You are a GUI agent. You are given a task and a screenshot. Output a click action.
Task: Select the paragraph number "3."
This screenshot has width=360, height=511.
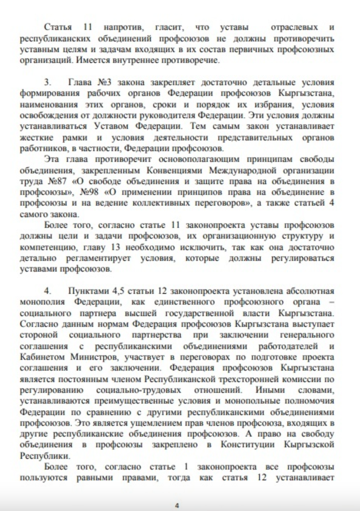pyautogui.click(x=48, y=82)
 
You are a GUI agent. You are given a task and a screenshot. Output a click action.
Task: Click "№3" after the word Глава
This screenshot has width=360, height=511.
pyautogui.click(x=104, y=82)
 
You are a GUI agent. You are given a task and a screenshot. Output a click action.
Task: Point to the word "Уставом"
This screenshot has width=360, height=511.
pyautogui.click(x=110, y=126)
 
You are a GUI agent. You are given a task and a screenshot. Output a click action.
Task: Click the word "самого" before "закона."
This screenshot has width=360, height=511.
pyautogui.click(x=35, y=214)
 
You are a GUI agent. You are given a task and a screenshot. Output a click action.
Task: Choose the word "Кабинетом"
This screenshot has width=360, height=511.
pyautogui.click(x=42, y=357)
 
